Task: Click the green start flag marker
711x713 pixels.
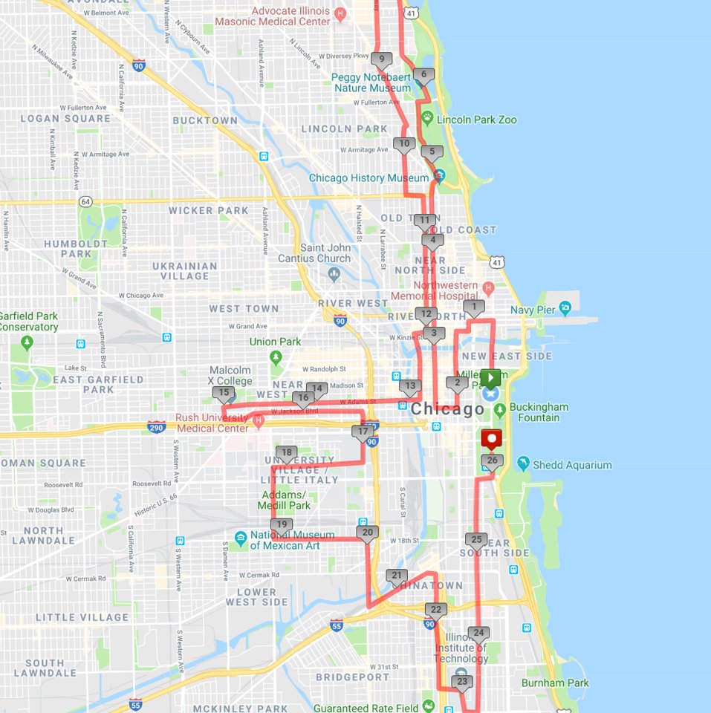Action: click(490, 378)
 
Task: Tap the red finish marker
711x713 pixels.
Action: click(491, 440)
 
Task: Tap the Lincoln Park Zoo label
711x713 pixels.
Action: click(476, 120)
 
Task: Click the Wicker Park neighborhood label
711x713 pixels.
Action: click(208, 210)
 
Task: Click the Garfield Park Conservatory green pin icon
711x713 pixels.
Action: click(27, 342)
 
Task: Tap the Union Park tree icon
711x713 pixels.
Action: click(277, 357)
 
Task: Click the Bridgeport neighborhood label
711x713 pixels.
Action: click(352, 677)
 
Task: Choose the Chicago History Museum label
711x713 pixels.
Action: click(369, 178)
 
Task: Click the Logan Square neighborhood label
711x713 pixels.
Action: click(65, 118)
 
